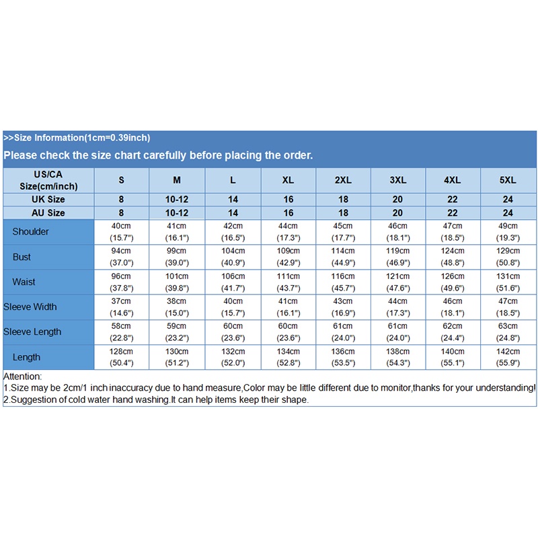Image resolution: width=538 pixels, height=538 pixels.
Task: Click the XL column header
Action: [288, 180]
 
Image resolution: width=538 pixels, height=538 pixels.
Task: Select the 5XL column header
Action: [508, 180]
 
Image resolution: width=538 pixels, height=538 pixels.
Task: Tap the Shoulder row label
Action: [31, 231]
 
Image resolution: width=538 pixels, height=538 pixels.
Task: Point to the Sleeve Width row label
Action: [30, 307]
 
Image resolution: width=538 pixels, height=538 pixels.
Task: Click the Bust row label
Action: [22, 257]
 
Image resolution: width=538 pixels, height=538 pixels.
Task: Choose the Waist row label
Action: [24, 282]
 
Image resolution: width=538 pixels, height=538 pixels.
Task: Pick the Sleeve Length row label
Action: [32, 332]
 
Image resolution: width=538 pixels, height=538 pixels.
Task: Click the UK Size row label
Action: [48, 200]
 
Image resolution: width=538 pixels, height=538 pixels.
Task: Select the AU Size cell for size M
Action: [177, 213]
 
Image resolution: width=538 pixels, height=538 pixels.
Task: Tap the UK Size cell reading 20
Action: [397, 200]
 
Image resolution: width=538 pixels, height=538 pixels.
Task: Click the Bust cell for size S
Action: [122, 257]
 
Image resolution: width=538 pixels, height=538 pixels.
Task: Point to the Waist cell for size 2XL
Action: [342, 282]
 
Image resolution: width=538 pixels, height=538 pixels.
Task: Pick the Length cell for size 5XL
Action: [508, 357]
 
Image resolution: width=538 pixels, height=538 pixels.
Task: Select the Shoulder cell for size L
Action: [233, 231]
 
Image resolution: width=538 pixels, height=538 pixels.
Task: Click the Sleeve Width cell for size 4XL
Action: [453, 307]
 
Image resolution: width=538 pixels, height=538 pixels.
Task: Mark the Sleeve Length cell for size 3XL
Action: [397, 332]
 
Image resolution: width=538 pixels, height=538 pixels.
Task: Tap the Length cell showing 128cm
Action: [122, 357]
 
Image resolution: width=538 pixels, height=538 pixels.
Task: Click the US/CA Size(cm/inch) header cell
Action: [48, 180]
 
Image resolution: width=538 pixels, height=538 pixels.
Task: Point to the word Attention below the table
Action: [22, 377]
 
